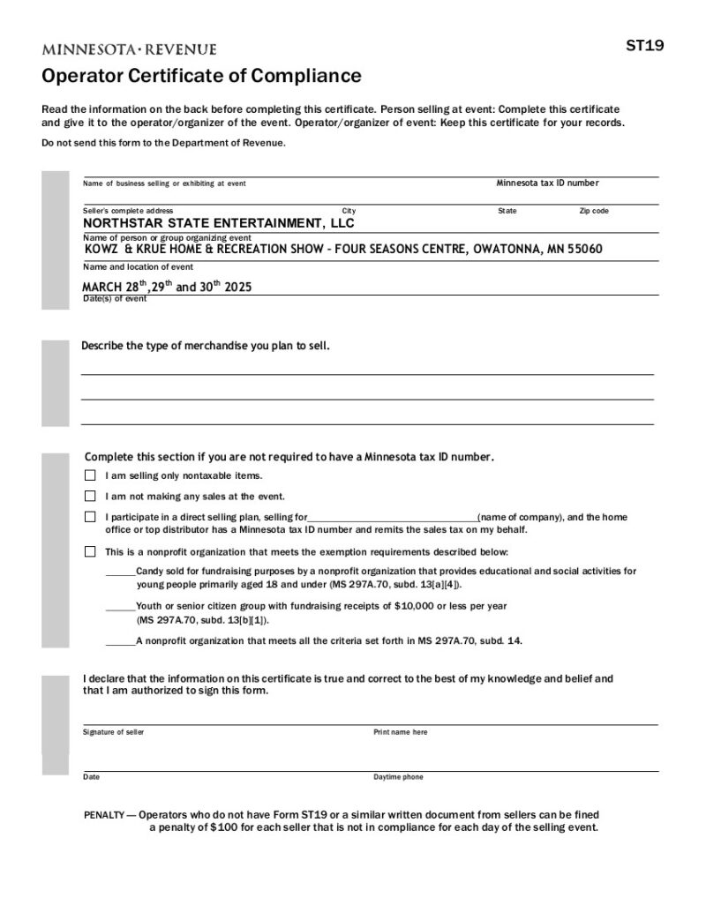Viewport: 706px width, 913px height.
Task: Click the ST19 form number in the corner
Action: [x=645, y=47]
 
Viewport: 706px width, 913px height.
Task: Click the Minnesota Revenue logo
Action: [x=129, y=49]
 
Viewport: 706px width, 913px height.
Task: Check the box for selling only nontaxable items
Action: [x=90, y=475]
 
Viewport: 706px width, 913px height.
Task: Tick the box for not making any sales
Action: [x=90, y=497]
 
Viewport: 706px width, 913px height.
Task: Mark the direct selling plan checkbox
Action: [x=90, y=517]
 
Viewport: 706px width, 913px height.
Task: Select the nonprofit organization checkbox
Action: [x=90, y=552]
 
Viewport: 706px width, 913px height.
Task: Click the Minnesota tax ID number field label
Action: [x=547, y=183]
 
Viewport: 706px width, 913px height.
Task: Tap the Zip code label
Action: [x=593, y=211]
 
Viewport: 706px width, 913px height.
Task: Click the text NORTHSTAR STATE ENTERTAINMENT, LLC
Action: [x=218, y=223]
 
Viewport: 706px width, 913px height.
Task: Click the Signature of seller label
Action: [x=114, y=732]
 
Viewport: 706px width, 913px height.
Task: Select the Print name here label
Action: [x=400, y=732]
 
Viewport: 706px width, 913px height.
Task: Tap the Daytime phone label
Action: [x=398, y=777]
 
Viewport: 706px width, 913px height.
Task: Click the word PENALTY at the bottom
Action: [x=104, y=815]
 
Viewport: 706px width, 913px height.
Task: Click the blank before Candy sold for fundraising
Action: [x=120, y=572]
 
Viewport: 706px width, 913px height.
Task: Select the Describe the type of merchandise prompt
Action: [x=206, y=346]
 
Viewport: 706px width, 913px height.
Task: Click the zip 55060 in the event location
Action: [x=585, y=250]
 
